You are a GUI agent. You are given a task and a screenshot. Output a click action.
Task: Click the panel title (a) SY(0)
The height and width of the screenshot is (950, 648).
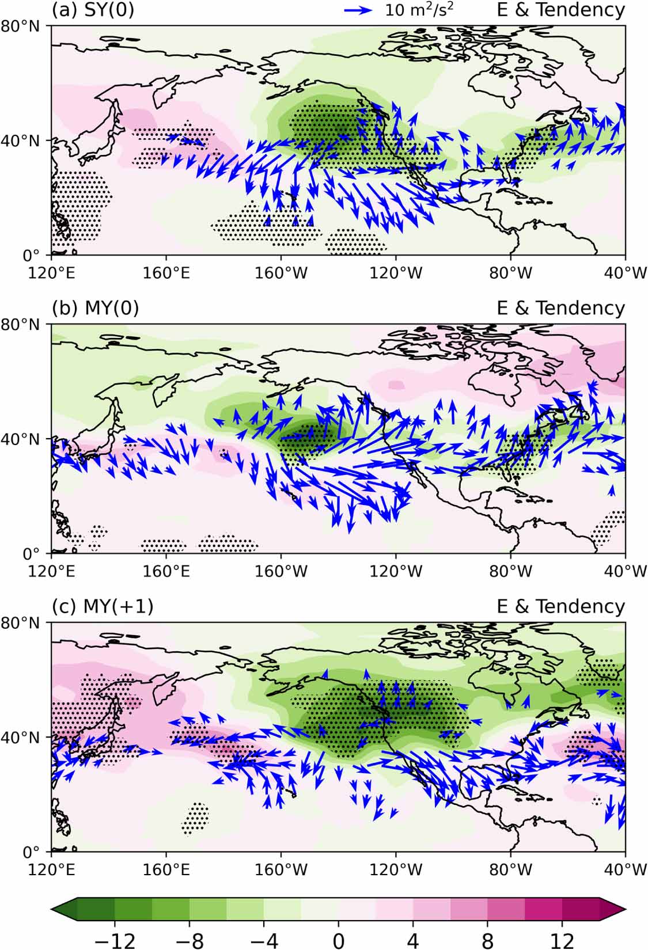pyautogui.click(x=93, y=10)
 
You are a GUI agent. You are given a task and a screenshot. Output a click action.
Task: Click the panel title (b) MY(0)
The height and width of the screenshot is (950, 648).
pyautogui.click(x=95, y=308)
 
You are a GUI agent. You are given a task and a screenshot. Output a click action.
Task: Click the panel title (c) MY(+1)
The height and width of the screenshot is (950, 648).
pyautogui.click(x=103, y=606)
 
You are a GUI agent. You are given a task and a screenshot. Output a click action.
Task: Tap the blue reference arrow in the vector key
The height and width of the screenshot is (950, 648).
pyautogui.click(x=358, y=10)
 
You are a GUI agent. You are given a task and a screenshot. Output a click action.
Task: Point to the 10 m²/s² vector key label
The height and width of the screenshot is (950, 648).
pyautogui.click(x=423, y=10)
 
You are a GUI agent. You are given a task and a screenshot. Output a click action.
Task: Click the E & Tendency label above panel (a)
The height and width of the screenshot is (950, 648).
pyautogui.click(x=560, y=10)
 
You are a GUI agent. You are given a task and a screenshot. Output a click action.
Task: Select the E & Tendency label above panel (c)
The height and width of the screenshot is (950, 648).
pyautogui.click(x=560, y=606)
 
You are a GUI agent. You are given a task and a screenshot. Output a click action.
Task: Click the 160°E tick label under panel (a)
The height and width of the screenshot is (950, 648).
pyautogui.click(x=166, y=272)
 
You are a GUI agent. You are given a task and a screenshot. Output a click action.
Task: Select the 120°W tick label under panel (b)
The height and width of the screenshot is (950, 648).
pyautogui.click(x=396, y=571)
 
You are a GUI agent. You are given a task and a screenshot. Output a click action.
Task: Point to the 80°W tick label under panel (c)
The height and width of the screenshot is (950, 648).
pyautogui.click(x=510, y=869)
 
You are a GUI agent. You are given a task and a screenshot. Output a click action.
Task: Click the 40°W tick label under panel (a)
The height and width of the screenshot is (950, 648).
pyautogui.click(x=625, y=272)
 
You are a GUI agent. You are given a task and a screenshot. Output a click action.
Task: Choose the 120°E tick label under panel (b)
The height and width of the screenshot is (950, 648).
pyautogui.click(x=52, y=571)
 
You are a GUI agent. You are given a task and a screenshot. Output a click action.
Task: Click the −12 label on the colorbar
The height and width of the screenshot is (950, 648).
pyautogui.click(x=114, y=940)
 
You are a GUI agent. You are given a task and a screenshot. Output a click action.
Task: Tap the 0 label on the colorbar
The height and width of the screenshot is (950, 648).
pyautogui.click(x=338, y=940)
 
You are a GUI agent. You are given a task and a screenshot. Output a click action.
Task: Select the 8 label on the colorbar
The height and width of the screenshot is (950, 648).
pyautogui.click(x=487, y=940)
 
